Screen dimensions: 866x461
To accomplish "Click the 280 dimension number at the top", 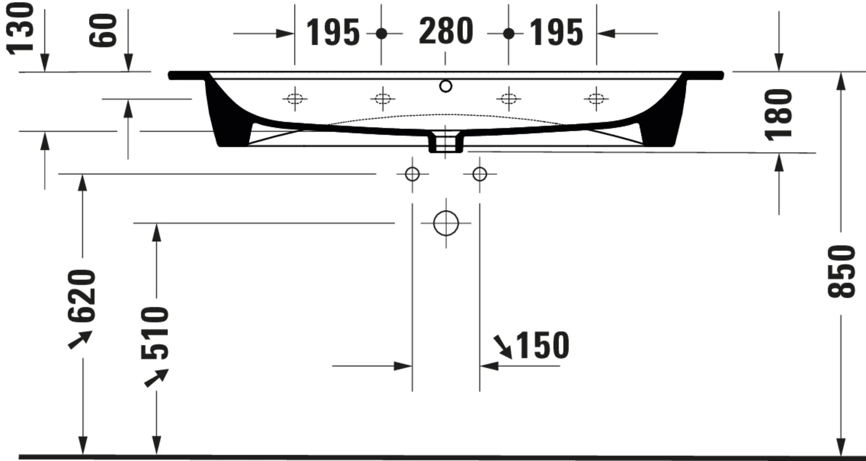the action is click(x=446, y=31).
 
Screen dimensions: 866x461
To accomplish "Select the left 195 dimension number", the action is click(x=333, y=32).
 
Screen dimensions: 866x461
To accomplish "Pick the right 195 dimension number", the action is click(x=556, y=32).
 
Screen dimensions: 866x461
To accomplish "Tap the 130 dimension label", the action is click(x=20, y=28).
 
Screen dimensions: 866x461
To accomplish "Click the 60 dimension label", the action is click(x=102, y=31).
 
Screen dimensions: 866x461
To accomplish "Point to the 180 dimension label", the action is click(x=778, y=115).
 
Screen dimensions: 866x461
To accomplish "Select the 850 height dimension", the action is click(x=841, y=271).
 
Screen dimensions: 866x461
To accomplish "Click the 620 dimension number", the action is click(x=82, y=296).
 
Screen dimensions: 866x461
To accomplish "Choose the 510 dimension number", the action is click(x=155, y=333).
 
